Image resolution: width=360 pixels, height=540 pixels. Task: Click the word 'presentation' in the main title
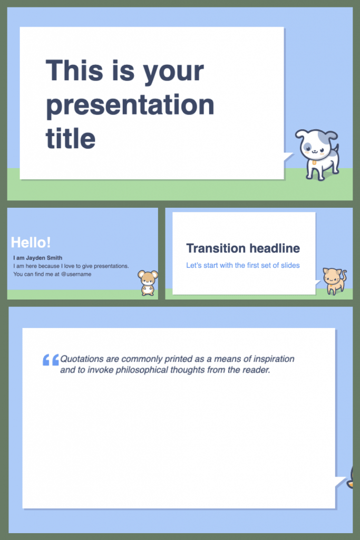pyautogui.click(x=130, y=105)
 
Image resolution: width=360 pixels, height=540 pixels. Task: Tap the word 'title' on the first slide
pyautogui.click(x=71, y=138)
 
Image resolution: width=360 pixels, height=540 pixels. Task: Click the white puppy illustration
pyautogui.click(x=318, y=153)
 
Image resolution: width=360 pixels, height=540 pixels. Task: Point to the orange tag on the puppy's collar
pyautogui.click(x=315, y=162)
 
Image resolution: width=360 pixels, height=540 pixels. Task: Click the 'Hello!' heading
pyautogui.click(x=31, y=243)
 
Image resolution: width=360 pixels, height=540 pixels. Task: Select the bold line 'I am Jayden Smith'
pyautogui.click(x=37, y=258)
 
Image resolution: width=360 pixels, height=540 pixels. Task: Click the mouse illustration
pyautogui.click(x=148, y=283)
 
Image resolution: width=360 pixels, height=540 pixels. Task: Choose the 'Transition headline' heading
pyautogui.click(x=243, y=248)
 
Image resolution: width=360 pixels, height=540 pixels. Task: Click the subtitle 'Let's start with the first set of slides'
pyautogui.click(x=243, y=265)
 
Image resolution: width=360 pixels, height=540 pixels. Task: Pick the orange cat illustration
pyautogui.click(x=334, y=281)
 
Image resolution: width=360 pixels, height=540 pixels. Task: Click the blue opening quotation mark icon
pyautogui.click(x=50, y=360)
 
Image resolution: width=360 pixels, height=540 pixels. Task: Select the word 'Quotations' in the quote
pyautogui.click(x=82, y=359)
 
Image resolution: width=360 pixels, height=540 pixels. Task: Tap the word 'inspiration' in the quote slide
pyautogui.click(x=273, y=359)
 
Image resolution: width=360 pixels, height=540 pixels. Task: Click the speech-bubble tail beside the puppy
pyautogui.click(x=288, y=157)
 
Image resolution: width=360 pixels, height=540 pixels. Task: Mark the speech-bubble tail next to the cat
pyautogui.click(x=318, y=283)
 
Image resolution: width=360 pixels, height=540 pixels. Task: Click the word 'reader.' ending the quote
pyautogui.click(x=256, y=370)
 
